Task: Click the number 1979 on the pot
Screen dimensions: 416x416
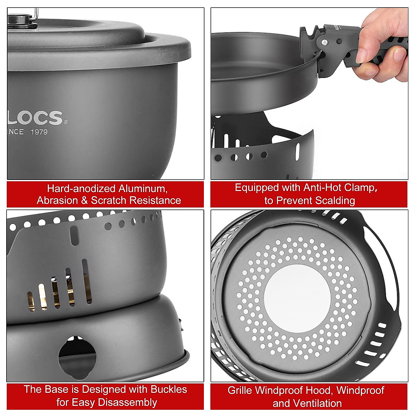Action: pos(39,132)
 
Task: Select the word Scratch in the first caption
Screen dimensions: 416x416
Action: pos(109,200)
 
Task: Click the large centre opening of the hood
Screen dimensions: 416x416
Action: pos(297,295)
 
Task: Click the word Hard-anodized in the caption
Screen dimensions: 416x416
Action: pos(81,189)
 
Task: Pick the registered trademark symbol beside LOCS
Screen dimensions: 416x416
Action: pos(66,122)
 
